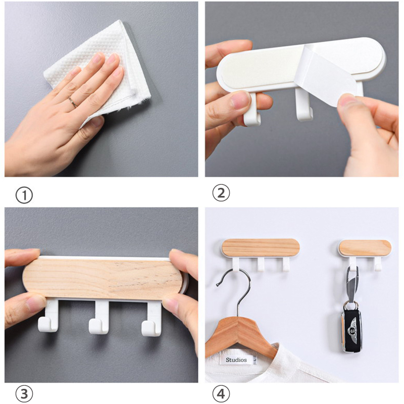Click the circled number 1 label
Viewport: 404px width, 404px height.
[x=24, y=195]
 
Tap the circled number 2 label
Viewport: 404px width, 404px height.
[x=221, y=193]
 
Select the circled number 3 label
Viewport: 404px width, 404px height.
[x=24, y=394]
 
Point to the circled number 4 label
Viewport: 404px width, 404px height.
[x=221, y=394]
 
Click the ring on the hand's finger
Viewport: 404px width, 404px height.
[x=73, y=102]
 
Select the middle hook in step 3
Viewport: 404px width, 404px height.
[x=99, y=318]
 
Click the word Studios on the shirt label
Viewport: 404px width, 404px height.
[x=236, y=360]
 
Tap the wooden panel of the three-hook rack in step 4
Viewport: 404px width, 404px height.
[x=261, y=247]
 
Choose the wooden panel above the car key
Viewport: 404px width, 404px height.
[x=365, y=248]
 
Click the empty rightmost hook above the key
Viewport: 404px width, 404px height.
[x=378, y=264]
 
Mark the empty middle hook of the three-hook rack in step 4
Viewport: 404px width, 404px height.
[x=261, y=264]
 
